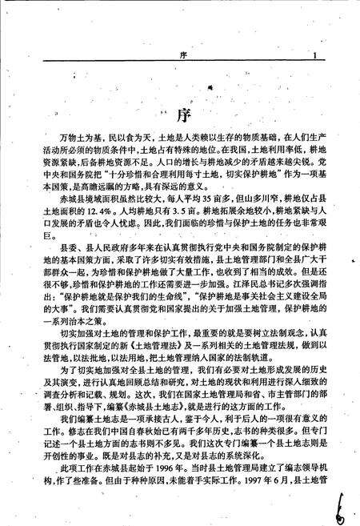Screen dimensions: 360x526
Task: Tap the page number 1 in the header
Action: point(316,55)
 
